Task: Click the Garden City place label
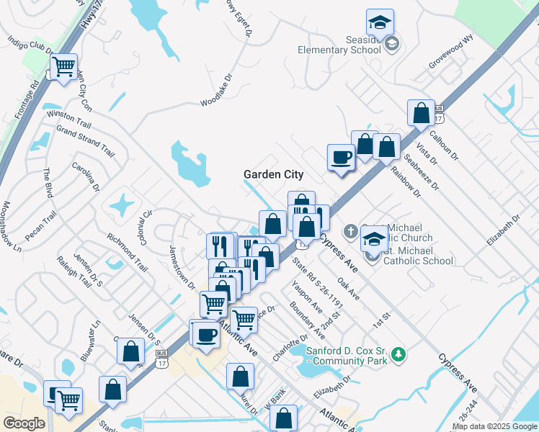pyautogui.click(x=273, y=174)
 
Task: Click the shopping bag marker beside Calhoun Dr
pyautogui.click(x=421, y=113)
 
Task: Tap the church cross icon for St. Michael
pyautogui.click(x=350, y=231)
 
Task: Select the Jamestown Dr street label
pyautogui.click(x=182, y=267)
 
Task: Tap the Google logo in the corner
pyautogui.click(x=23, y=423)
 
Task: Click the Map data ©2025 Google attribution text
pyautogui.click(x=494, y=426)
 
